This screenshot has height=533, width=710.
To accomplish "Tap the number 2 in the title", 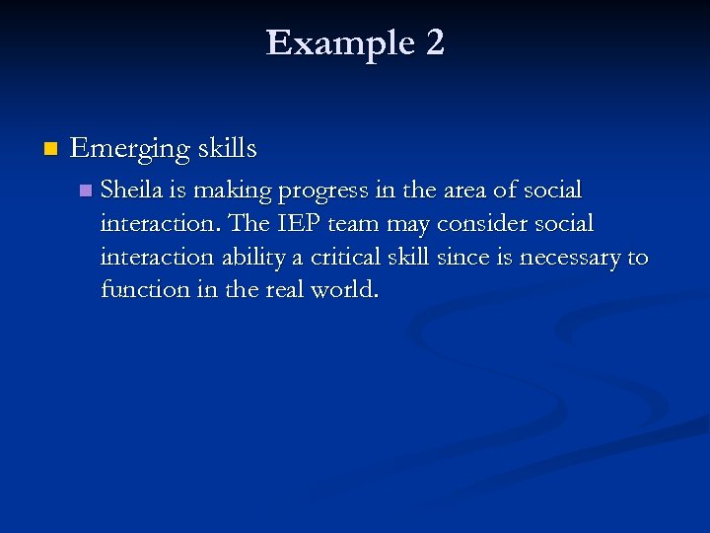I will coord(434,42).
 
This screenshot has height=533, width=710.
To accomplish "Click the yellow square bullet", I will coord(50,149).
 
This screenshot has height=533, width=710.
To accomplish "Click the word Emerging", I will coord(129,149).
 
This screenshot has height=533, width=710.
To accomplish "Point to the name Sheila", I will coord(132,189).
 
